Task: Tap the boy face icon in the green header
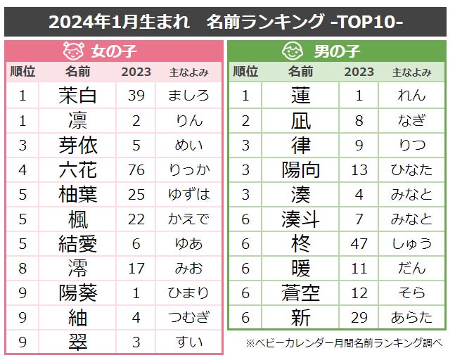click(x=292, y=51)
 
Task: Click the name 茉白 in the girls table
click(x=77, y=96)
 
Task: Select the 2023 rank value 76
click(x=136, y=169)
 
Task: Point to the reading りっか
click(x=189, y=169)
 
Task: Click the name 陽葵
click(x=77, y=292)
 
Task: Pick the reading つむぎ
click(x=189, y=317)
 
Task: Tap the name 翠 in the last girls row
click(x=77, y=342)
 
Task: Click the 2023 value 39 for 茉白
click(x=136, y=96)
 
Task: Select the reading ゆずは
click(x=189, y=194)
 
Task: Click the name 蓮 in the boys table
click(x=300, y=96)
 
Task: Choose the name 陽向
click(x=300, y=169)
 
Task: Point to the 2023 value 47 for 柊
click(x=359, y=243)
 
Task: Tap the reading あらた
click(x=411, y=317)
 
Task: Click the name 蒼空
click(x=300, y=292)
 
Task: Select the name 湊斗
click(x=300, y=219)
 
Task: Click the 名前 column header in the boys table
click(x=300, y=72)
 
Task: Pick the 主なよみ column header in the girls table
click(x=189, y=72)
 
